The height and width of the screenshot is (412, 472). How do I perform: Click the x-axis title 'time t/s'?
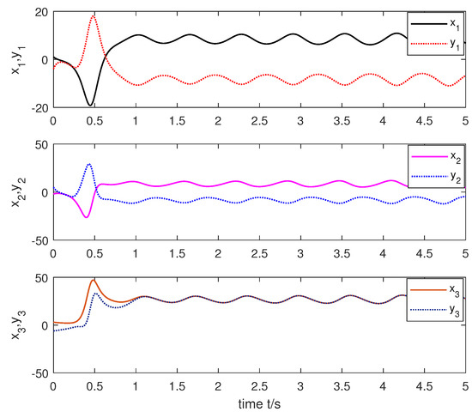click(259, 403)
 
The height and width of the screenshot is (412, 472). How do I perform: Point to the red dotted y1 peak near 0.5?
click(94, 15)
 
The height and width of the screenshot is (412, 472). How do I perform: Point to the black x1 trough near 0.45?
click(89, 106)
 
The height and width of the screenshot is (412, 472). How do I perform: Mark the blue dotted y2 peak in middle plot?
click(89, 164)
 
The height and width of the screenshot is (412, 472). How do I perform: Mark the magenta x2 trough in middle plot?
click(86, 217)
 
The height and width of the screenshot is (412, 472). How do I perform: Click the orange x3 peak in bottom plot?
click(94, 280)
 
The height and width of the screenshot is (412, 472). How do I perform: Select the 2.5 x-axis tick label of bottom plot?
click(259, 385)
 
